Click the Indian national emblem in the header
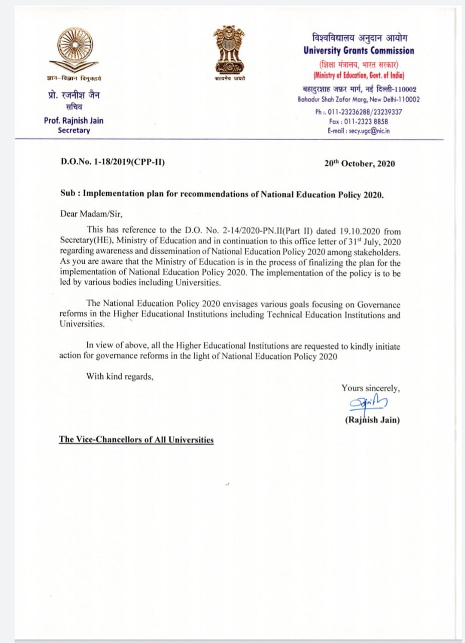pos(229,49)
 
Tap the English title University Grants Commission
pos(359,51)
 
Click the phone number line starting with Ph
pos(359,112)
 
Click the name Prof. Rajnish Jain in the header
pos(74,121)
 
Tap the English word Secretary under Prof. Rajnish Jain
pos(74,131)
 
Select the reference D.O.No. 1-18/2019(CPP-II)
pos(112,163)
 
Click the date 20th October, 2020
pos(360,164)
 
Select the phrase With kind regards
pos(120,376)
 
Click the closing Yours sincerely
pos(371,388)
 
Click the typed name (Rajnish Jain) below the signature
pos(372,420)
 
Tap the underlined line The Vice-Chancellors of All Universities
pos(136,440)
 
